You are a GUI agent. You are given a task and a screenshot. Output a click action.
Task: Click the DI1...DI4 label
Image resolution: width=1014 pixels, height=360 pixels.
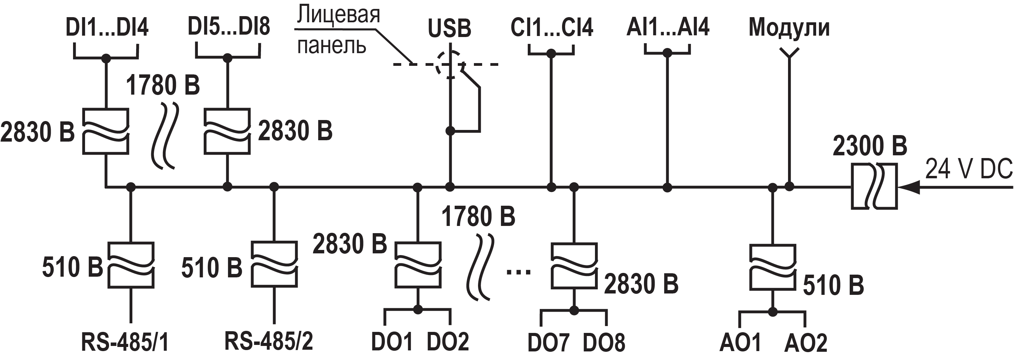pyautogui.click(x=107, y=28)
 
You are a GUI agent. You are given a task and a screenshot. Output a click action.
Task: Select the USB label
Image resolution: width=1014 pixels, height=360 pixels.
pyautogui.click(x=449, y=28)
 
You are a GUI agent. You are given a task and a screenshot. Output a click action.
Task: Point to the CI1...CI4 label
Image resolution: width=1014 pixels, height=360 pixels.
pyautogui.click(x=551, y=27)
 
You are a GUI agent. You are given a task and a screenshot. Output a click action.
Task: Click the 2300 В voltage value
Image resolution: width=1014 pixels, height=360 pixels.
pyautogui.click(x=870, y=146)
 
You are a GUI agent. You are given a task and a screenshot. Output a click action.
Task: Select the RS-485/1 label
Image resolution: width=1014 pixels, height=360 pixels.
pyautogui.click(x=125, y=342)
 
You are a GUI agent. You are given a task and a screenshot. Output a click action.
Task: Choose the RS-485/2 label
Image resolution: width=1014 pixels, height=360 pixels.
pyautogui.click(x=269, y=341)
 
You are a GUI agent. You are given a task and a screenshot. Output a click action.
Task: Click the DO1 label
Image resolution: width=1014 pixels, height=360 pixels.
pyautogui.click(x=392, y=341)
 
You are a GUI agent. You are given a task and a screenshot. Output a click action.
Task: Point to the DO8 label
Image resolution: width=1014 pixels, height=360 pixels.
pyautogui.click(x=604, y=342)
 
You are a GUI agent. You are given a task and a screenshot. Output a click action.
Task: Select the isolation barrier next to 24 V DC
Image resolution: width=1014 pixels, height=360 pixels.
pyautogui.click(x=874, y=186)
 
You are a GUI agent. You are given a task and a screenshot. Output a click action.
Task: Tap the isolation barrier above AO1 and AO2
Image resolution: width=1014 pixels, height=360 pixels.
pyautogui.click(x=772, y=267)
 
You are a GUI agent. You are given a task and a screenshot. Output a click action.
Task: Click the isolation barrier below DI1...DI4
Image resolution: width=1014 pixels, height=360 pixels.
pyautogui.click(x=106, y=131)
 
